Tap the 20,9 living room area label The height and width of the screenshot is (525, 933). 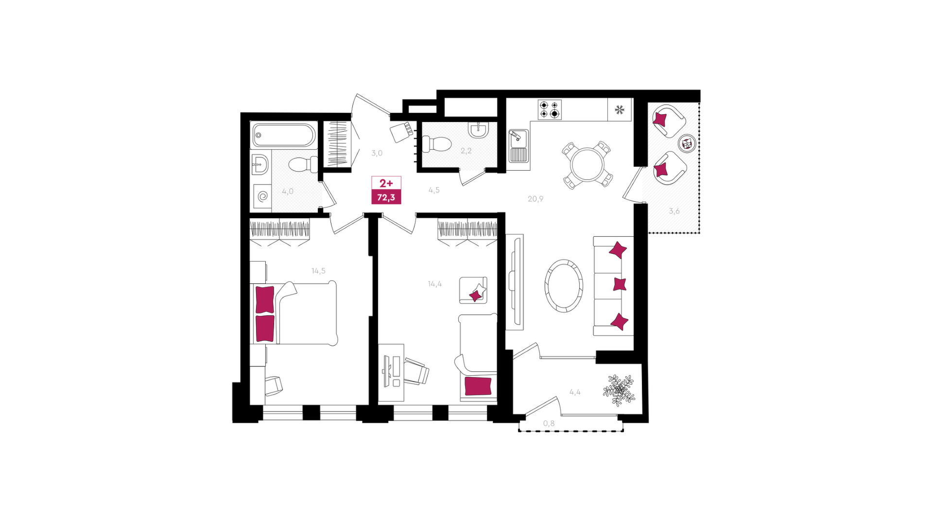pos(536,199)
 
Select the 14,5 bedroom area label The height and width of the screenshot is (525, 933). pos(319,271)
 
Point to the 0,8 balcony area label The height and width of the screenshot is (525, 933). pos(549,423)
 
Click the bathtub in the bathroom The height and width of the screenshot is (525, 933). pos(284,135)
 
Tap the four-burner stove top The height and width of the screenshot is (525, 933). pos(550,110)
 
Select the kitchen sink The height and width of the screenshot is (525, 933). pos(518,145)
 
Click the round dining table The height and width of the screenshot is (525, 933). pos(587,164)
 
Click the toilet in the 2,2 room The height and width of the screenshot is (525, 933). pos(436,144)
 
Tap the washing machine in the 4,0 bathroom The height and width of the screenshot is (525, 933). pos(262,196)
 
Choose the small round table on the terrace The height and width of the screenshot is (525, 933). pos(687,143)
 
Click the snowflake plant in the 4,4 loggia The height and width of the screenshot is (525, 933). pos(619,390)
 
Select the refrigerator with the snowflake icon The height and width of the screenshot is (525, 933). pos(620,110)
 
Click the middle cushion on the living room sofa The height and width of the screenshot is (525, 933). pos(620,284)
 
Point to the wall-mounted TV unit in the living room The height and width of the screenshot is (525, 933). pos(515,282)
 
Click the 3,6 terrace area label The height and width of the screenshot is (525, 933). pos(674,211)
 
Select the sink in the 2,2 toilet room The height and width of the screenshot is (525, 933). pos(479,129)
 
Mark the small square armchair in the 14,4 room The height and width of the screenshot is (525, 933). pos(473,290)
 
